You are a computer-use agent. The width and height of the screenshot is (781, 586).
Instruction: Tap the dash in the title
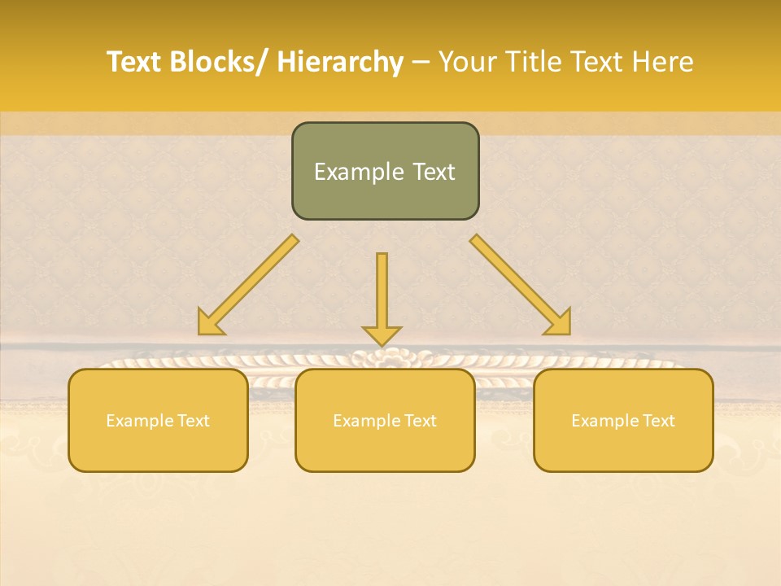421,63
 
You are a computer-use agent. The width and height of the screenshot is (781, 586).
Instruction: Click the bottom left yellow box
158,448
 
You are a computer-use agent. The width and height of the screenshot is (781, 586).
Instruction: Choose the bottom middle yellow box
385,448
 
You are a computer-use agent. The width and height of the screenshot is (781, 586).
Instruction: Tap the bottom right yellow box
623,448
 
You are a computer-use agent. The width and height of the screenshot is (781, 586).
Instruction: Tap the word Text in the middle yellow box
419,421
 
